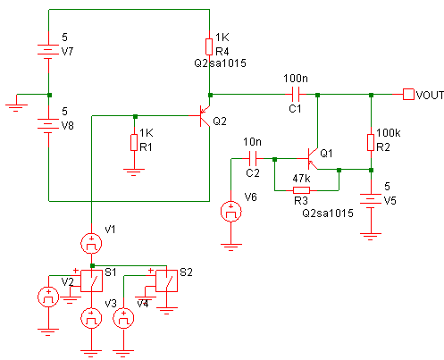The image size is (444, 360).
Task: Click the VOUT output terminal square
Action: click(408, 95)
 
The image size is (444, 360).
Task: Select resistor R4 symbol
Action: click(209, 46)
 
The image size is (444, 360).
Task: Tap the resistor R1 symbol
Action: click(134, 142)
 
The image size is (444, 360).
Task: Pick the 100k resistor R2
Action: click(371, 142)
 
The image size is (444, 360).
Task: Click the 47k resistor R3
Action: click(301, 190)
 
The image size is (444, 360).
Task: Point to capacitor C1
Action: click(296, 95)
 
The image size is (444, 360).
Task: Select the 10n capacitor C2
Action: click(253, 158)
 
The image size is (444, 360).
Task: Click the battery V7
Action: click(48, 50)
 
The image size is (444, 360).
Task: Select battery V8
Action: click(48, 124)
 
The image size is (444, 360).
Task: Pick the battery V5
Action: click(371, 199)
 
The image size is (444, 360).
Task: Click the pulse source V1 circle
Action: click(91, 244)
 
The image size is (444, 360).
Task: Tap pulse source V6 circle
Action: click(230, 212)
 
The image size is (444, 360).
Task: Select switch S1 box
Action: click(92, 280)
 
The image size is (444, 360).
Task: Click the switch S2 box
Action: click(166, 280)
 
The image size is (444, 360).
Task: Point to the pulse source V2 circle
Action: click(48, 297)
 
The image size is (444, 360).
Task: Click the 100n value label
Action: click(296, 79)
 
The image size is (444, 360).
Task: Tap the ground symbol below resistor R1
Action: click(134, 172)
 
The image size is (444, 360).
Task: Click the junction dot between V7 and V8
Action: click(49, 95)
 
